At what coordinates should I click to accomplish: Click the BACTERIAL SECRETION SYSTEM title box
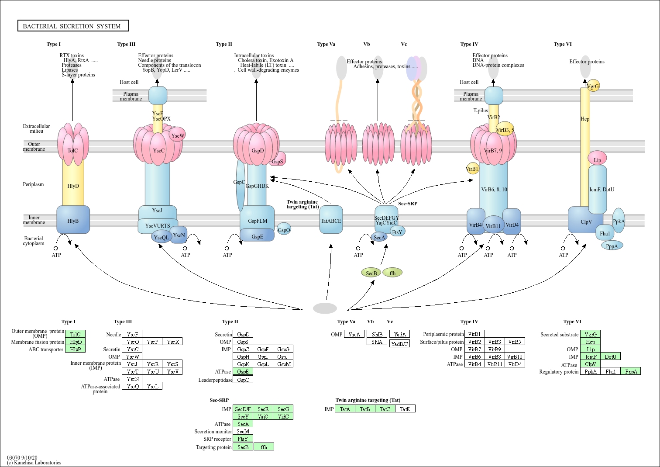pos(73,26)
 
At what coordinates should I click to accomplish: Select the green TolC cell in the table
pos(75,334)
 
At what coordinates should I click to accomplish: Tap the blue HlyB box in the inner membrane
pos(73,220)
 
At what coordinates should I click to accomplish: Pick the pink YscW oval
pos(177,135)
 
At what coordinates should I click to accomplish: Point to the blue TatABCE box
pos(331,220)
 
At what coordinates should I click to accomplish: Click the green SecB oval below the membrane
pos(371,273)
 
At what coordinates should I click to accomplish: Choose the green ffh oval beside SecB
pos(392,273)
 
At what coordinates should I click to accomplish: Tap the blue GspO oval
pos(284,230)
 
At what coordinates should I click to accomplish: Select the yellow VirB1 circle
pos(472,169)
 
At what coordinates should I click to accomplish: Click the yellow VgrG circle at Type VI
pos(593,86)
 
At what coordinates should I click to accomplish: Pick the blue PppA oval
pos(612,246)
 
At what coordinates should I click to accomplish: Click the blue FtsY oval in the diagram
pos(397,232)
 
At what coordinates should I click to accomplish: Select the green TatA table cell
pos(345,409)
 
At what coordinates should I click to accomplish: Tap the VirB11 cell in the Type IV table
pos(495,364)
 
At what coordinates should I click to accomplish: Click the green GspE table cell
pos(243,372)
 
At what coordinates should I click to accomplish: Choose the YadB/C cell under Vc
pos(399,344)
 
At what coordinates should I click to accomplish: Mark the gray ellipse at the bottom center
pos(325,308)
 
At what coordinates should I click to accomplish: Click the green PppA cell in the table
pos(631,371)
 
